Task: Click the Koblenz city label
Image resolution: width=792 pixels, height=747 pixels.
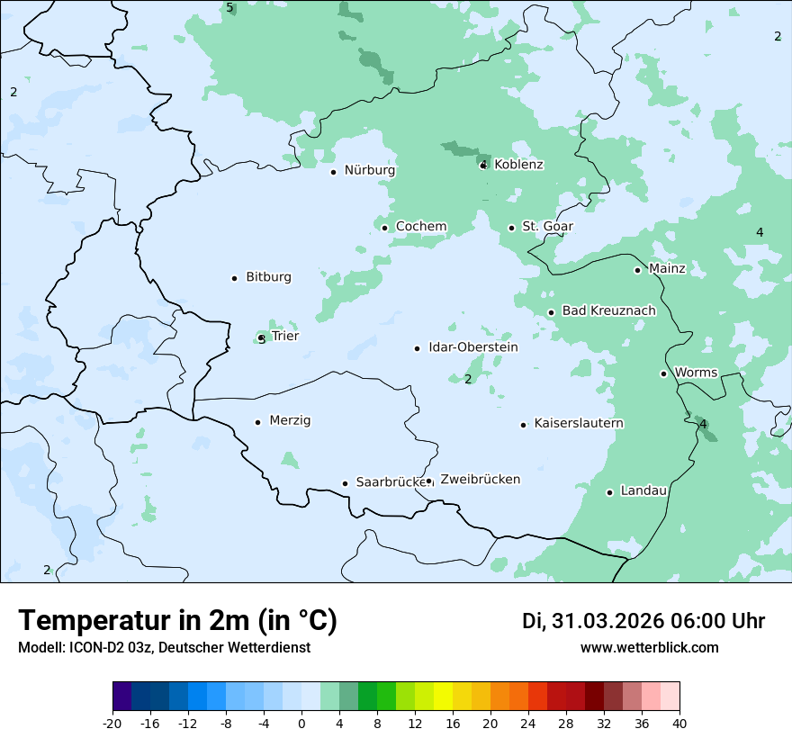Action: [518, 165]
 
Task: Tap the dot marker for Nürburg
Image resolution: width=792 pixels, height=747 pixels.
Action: [333, 172]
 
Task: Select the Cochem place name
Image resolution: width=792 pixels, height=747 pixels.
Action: [421, 227]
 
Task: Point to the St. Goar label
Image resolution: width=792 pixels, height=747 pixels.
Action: [547, 227]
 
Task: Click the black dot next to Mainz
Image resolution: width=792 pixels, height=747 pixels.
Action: [637, 270]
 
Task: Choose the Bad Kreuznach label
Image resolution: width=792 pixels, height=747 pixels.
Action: [608, 311]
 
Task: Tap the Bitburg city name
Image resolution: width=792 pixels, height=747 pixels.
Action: [268, 277]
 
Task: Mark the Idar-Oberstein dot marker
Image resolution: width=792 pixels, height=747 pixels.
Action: [417, 348]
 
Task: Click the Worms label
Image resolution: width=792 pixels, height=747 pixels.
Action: [696, 373]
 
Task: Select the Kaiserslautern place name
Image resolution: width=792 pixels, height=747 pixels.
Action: [579, 423]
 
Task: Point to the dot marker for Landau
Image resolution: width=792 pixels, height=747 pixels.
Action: [609, 492]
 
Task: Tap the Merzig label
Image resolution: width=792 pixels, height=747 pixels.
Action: [290, 421]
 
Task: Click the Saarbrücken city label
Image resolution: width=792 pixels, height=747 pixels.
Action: [390, 482]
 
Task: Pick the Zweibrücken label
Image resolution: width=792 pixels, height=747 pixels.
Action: [480, 480]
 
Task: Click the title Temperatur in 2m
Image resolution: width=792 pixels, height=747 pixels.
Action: [177, 621]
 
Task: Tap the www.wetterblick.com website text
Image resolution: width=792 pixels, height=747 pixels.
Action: [649, 648]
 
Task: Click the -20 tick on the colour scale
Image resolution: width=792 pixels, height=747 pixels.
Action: [112, 724]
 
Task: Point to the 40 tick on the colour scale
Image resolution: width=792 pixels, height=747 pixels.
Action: [679, 724]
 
